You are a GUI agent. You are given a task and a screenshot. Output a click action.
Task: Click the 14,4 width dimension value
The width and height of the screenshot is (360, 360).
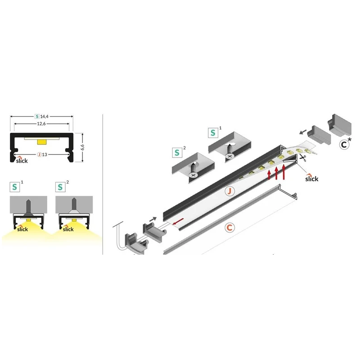44,117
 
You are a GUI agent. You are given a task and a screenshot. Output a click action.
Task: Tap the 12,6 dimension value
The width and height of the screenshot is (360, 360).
41,124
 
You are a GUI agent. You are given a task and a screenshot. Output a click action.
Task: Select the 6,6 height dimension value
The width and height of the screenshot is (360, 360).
83,147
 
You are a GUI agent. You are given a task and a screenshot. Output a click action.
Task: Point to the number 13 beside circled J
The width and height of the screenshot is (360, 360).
45,154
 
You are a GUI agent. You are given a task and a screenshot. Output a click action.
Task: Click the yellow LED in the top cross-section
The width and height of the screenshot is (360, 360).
41,142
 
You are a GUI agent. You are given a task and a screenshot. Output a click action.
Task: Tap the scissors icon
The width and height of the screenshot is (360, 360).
303,158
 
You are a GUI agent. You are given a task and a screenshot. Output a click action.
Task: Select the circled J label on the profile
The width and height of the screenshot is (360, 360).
229,191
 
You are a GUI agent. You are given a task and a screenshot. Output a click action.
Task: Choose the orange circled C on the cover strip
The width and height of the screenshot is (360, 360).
229,228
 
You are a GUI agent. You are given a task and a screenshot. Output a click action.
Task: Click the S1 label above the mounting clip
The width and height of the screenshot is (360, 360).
215,132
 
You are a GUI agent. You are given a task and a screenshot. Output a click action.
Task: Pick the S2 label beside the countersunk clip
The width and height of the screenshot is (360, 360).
179,152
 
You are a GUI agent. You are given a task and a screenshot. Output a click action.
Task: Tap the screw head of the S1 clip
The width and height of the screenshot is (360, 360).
229,156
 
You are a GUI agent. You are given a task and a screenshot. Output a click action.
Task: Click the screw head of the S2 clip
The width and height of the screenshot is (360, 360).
193,175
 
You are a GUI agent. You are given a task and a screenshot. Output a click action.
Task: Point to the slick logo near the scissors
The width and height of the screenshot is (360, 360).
311,178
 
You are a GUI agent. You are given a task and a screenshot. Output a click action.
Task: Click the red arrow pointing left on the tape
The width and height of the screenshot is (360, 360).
178,221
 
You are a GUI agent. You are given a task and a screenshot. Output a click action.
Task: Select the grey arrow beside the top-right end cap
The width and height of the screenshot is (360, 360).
303,131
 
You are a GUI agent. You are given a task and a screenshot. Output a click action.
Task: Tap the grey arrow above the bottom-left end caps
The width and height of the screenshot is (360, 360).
153,219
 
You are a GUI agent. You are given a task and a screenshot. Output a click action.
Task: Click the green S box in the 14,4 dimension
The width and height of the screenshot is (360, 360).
37,117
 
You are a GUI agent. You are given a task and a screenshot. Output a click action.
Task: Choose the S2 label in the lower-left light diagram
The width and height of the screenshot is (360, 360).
62,186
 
